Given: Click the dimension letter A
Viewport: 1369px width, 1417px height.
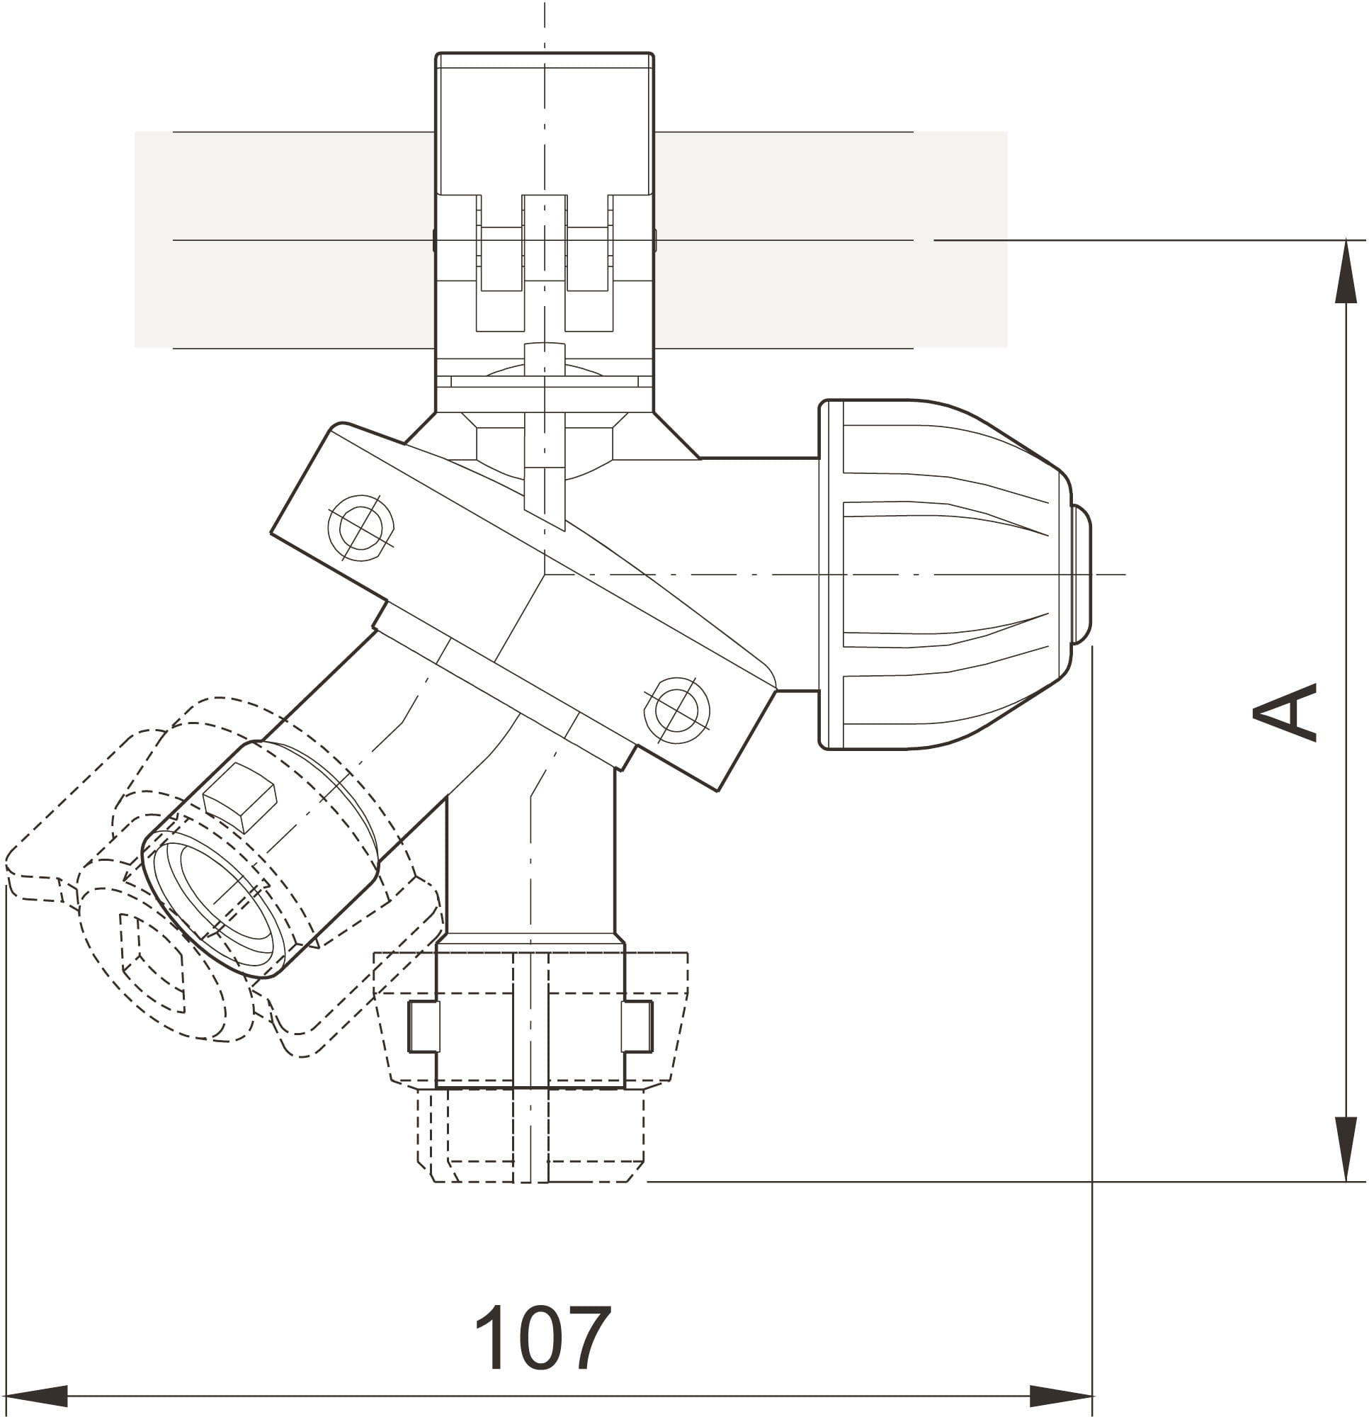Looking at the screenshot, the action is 1285,712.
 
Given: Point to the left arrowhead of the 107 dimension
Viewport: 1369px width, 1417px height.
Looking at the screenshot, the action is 36,1396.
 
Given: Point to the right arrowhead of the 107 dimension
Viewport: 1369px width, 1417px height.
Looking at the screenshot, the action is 1061,1396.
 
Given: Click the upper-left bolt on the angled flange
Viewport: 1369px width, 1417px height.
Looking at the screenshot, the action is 360,527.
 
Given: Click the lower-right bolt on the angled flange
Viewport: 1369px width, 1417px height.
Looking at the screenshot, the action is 676,710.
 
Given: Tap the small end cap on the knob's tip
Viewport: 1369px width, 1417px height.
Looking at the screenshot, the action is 1081,574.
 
